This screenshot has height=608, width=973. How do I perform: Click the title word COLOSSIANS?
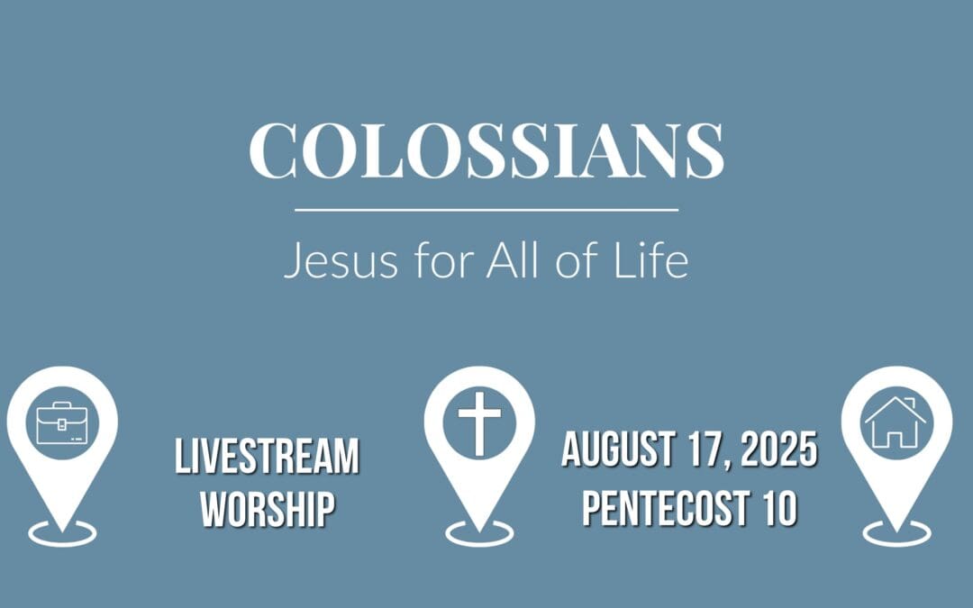(486, 150)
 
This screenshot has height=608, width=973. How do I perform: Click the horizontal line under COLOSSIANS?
(486, 210)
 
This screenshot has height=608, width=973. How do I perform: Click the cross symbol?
(479, 422)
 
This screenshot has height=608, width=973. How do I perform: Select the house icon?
(896, 422)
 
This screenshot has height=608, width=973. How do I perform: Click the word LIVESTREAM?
(267, 457)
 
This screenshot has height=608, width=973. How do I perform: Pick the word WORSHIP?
(268, 509)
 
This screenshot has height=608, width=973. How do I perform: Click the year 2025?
(779, 450)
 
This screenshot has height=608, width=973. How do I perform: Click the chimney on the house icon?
(911, 404)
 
